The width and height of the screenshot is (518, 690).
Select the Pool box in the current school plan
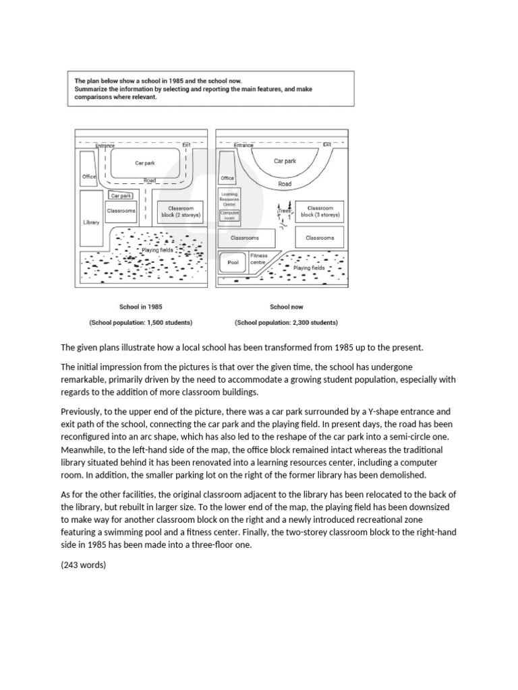click(x=233, y=262)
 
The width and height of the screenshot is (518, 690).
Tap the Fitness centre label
click(x=259, y=259)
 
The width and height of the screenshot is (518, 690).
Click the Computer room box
click(x=230, y=216)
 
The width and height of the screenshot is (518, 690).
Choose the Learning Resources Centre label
click(x=230, y=199)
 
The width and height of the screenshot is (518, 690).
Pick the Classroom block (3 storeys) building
click(x=320, y=212)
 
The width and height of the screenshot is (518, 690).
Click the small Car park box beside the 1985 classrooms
click(x=121, y=195)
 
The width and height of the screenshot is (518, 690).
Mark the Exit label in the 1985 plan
click(x=187, y=145)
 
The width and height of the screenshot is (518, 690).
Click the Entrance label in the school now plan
click(x=243, y=145)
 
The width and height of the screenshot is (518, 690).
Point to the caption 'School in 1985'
click(x=140, y=307)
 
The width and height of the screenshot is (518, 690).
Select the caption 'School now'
click(x=287, y=307)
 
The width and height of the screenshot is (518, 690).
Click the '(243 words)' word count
click(x=84, y=565)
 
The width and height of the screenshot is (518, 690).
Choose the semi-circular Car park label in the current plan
click(x=285, y=161)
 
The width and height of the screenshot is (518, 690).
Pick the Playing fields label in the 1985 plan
click(x=157, y=250)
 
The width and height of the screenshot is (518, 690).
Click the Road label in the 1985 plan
click(x=149, y=181)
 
